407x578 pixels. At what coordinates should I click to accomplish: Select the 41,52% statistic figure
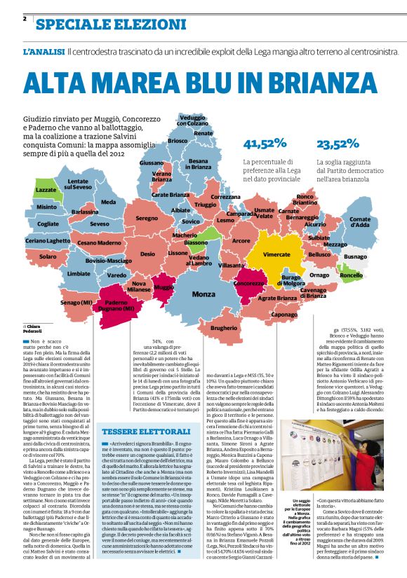(265, 144)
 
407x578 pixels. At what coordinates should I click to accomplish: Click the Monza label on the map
(203, 294)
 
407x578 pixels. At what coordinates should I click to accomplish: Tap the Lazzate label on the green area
(46, 190)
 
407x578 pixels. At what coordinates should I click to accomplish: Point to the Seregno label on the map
(147, 219)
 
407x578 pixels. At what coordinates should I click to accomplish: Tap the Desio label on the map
(147, 254)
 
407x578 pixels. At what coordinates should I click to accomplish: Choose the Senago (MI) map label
(76, 302)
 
